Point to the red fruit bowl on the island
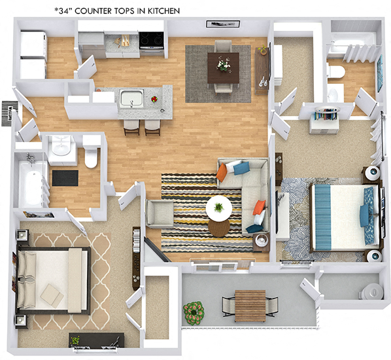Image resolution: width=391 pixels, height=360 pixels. (x=154, y=99)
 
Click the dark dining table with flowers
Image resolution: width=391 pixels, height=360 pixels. (x=224, y=67)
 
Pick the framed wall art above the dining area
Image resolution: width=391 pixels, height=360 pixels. (x=218, y=24)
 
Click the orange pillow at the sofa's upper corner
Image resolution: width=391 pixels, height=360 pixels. (x=222, y=171)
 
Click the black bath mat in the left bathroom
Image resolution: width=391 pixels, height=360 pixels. (x=65, y=177)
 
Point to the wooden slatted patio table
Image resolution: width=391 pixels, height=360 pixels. (x=250, y=305)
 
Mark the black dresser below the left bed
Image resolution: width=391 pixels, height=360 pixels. (x=97, y=340)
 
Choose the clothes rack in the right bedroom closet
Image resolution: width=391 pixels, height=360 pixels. (x=325, y=115)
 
